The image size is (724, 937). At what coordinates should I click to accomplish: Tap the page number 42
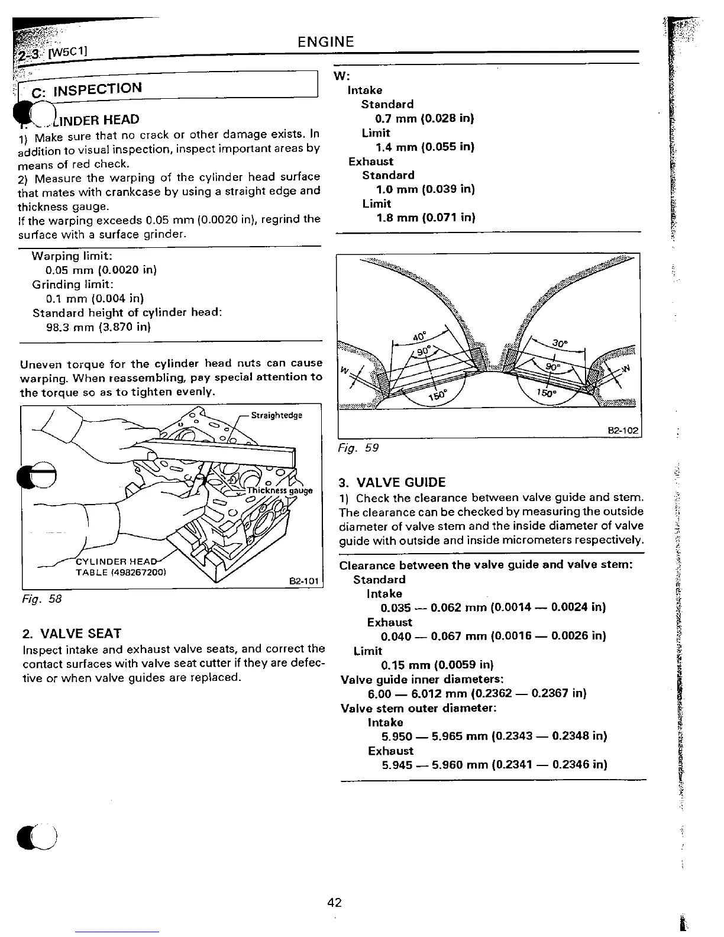pos(334,903)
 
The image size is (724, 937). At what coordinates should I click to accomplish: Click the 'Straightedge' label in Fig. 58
pos(276,415)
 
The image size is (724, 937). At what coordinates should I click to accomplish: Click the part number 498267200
pos(138,573)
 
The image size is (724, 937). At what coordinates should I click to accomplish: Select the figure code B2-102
pos(624,431)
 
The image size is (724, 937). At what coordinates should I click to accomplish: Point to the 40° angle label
pos(419,337)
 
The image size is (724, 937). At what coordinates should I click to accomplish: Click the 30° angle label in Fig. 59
pos(559,343)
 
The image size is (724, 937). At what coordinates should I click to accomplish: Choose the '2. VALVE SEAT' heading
pos(72,634)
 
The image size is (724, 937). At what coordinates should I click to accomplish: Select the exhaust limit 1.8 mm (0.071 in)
pos(426,218)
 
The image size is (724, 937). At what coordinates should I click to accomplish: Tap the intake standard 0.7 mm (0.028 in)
pos(425,118)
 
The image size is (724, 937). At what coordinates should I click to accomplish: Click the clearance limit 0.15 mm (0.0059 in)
pos(437,665)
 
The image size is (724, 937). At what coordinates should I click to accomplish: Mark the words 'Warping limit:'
pos(72,256)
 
